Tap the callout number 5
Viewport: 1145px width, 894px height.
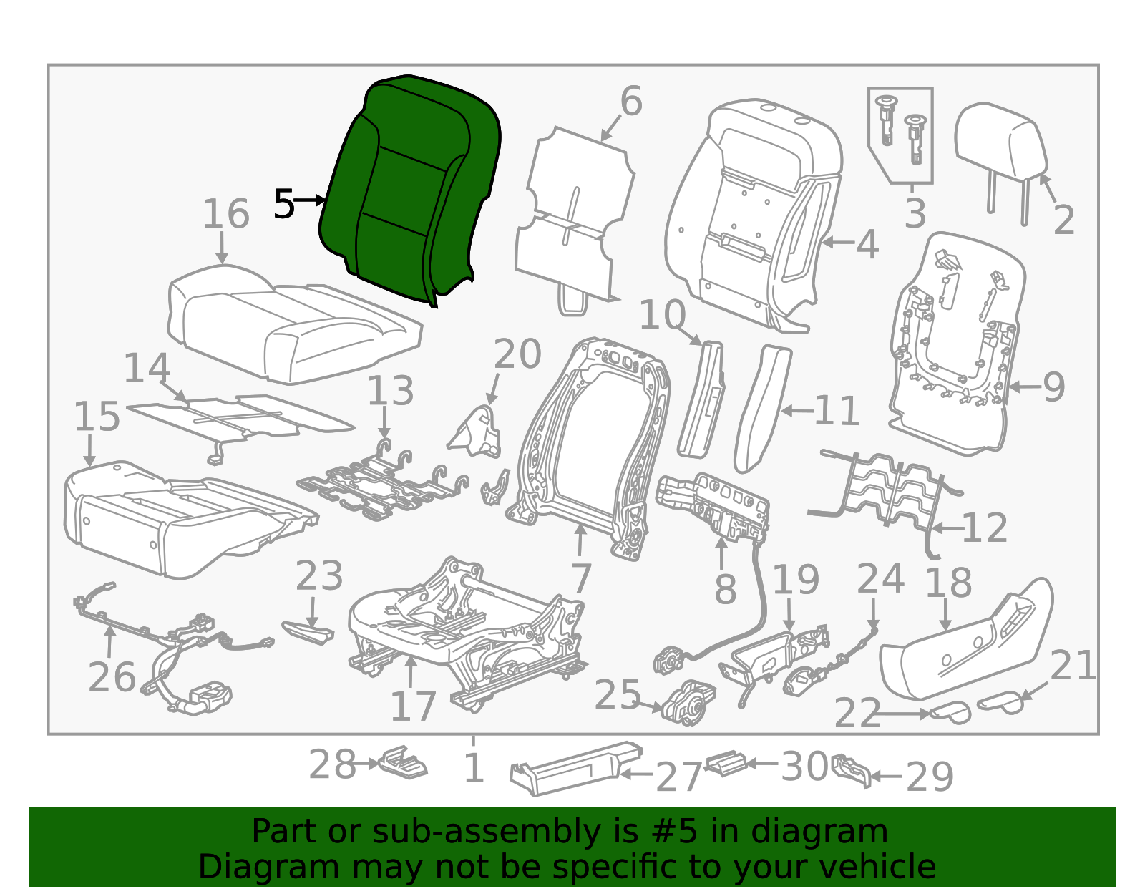(284, 205)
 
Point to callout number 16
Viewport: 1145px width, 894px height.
(225, 214)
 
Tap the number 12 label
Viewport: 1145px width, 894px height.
(985, 528)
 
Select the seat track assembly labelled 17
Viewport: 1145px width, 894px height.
(465, 630)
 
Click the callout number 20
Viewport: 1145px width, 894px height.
(517, 354)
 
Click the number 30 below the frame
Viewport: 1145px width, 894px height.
(804, 767)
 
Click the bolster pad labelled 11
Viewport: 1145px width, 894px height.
(762, 408)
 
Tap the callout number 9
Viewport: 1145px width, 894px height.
(1053, 387)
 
